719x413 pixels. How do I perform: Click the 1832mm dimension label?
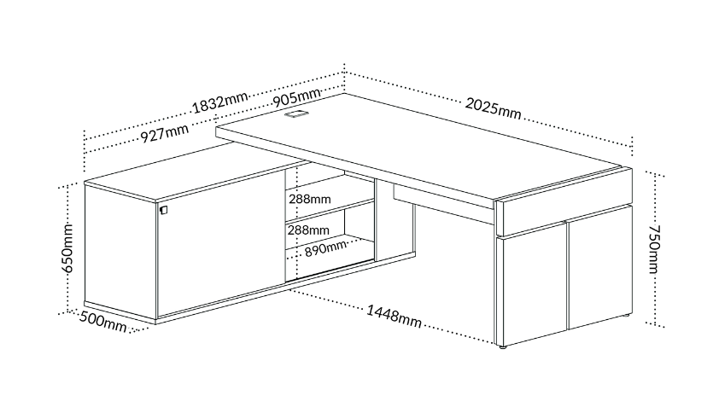pos(219,103)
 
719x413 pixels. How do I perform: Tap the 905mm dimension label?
pos(296,97)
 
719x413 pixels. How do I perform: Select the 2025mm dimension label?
pos(493,108)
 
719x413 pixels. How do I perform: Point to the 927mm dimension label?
pos(164,133)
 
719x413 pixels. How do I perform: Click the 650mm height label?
pos(67,248)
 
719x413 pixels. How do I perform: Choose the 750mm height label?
pos(654,249)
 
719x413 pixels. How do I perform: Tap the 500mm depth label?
pos(103,322)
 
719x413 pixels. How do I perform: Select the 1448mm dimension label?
pos(394,317)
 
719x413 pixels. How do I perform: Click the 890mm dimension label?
pos(325,248)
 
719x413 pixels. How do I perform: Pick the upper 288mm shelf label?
pos(309,199)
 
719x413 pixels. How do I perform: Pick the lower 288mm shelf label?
pos(308,230)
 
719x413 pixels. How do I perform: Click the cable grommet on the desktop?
pos(297,113)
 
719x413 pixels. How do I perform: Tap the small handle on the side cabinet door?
pos(164,210)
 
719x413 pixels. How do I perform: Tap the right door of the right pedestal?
pos(600,267)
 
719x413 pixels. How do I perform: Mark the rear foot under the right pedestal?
pos(625,317)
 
